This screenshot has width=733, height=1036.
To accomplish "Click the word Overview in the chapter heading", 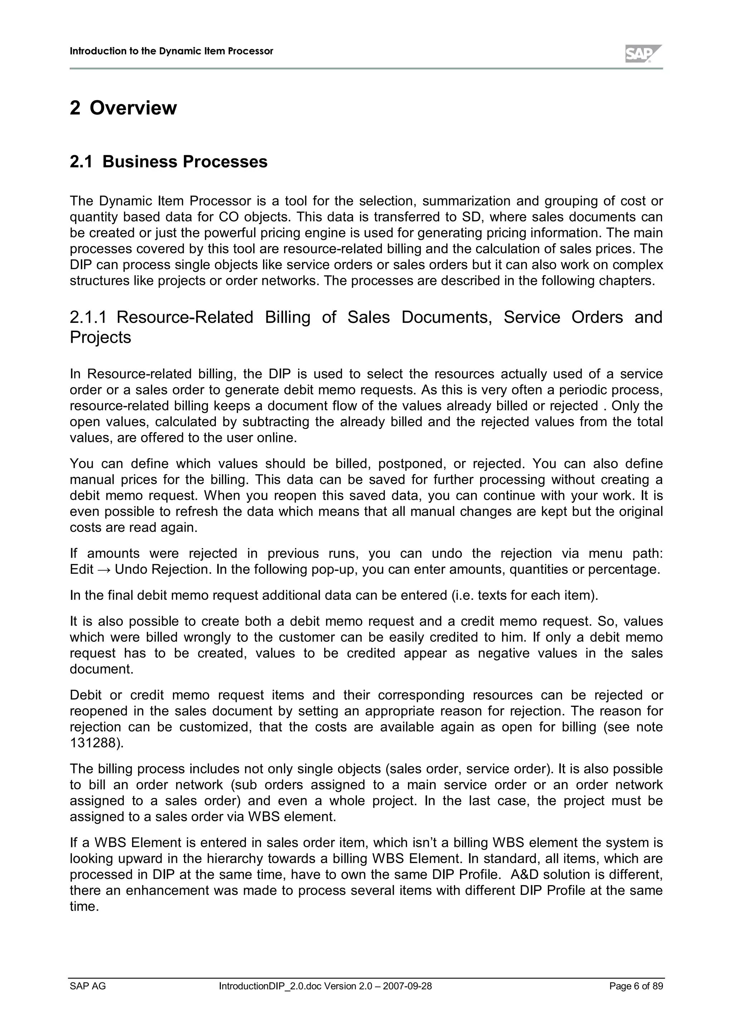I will tap(133, 108).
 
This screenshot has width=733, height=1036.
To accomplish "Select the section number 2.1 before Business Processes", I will tap(81, 162).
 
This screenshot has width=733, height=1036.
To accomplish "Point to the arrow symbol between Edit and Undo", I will tap(104, 569).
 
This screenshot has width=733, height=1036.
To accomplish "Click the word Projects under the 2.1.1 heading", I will tap(100, 337).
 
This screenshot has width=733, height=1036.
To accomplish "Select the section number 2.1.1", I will tap(88, 318).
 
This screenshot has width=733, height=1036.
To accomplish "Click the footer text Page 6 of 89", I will tap(636, 986).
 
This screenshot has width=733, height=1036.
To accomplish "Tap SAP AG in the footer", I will tap(88, 986).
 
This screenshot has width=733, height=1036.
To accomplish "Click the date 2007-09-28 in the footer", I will tap(407, 986).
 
